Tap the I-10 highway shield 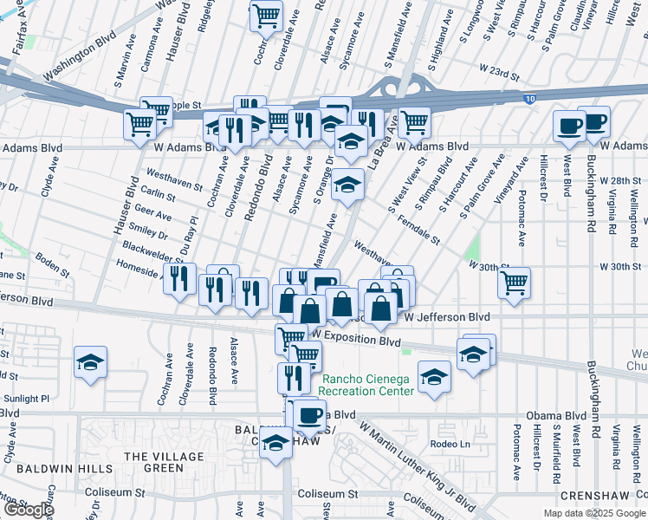click(x=528, y=101)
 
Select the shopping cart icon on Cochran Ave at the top click(x=266, y=15)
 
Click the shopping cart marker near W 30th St click(x=515, y=281)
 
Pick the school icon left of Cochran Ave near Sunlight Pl click(x=90, y=362)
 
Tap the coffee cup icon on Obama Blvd click(x=308, y=414)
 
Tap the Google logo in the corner click(x=28, y=510)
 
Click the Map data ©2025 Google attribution click(x=593, y=513)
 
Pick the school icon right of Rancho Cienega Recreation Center click(x=434, y=377)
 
